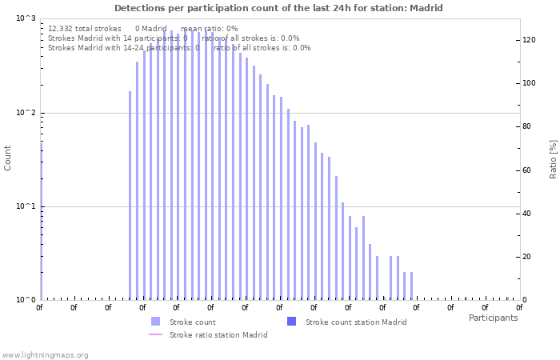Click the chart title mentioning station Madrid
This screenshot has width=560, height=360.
(278, 8)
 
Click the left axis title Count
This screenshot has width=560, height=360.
(8, 158)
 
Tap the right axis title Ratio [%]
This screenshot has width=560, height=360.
(553, 158)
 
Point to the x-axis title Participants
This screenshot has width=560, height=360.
(493, 318)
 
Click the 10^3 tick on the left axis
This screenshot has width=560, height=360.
(26, 18)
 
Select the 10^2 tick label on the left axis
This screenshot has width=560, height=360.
(26, 113)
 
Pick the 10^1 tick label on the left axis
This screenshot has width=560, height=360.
(26, 207)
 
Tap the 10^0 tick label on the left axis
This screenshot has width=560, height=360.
(26, 301)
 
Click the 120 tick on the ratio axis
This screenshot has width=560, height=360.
(529, 39)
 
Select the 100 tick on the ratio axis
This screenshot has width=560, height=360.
(529, 83)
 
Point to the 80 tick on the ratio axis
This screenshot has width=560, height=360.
(526, 126)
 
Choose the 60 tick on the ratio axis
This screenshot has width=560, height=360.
(526, 170)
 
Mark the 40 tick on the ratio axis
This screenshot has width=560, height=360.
(526, 214)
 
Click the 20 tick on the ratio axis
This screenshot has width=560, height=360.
(526, 257)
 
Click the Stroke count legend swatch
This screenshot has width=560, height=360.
(155, 322)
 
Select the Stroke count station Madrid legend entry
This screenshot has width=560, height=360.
(356, 322)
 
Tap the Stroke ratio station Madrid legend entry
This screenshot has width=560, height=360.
(218, 334)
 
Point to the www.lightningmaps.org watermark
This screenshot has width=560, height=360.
(45, 354)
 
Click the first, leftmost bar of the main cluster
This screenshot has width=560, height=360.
(130, 196)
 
